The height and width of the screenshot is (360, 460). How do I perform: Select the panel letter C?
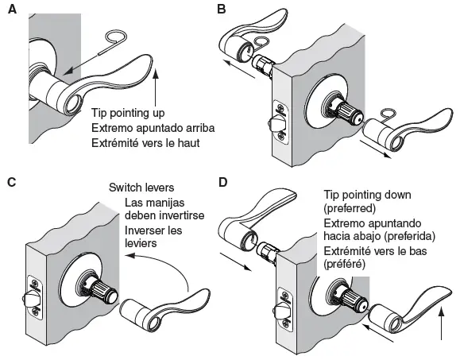pos(11,182)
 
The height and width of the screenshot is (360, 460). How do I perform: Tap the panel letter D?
pos(223,182)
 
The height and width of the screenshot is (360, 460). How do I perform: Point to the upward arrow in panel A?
pos(162,88)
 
